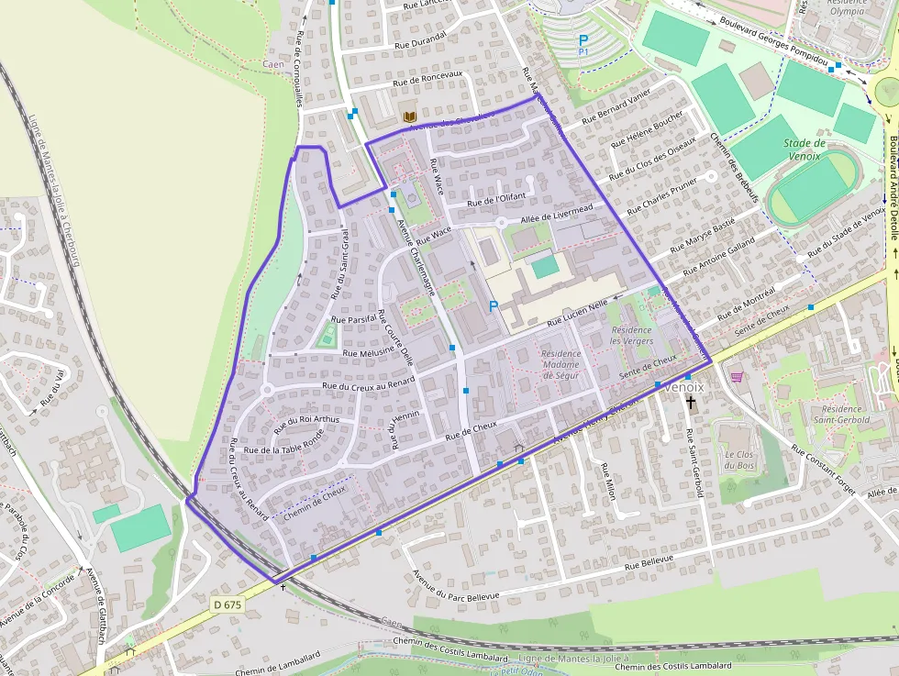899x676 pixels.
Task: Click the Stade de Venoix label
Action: (x=805, y=149)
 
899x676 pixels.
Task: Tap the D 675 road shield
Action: (x=228, y=604)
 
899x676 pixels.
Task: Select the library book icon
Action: (x=411, y=116)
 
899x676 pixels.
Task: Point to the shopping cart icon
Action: (x=737, y=376)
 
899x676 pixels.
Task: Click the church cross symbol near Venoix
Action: (x=690, y=403)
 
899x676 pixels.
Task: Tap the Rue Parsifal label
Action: (x=357, y=319)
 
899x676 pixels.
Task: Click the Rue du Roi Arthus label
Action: (x=306, y=421)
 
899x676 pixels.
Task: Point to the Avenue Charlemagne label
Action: (x=416, y=248)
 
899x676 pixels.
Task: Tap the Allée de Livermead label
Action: (x=557, y=214)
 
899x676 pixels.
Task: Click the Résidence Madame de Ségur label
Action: (x=560, y=364)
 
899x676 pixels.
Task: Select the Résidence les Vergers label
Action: (x=631, y=335)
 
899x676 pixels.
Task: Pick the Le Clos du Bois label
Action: (x=739, y=460)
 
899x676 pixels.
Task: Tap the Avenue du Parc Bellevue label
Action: (x=456, y=584)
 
